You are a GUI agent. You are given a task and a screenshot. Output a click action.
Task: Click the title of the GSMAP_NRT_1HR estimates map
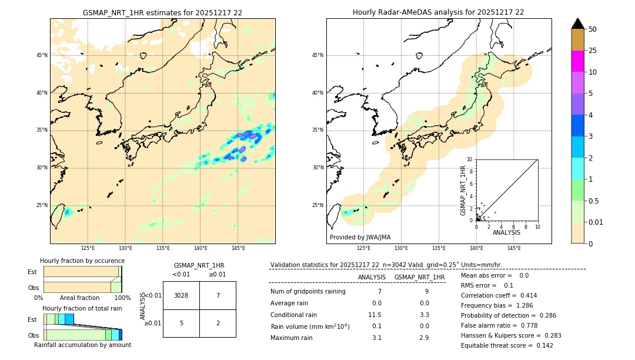[x=162, y=12]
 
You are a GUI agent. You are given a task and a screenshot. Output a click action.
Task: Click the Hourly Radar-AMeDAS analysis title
[x=438, y=12]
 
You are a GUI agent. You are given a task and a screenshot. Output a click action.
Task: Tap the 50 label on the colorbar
[x=593, y=29]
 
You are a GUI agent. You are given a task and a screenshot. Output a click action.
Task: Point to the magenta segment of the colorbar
[x=578, y=61]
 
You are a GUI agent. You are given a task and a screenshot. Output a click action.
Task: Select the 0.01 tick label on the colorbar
[x=596, y=222]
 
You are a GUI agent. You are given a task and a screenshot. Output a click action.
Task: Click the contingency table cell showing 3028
[x=181, y=295]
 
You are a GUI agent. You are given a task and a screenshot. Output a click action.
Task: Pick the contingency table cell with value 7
[x=218, y=295]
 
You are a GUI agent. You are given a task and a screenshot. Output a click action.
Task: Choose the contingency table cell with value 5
[x=181, y=323]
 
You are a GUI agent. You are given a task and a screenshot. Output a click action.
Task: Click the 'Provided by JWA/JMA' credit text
[x=360, y=238]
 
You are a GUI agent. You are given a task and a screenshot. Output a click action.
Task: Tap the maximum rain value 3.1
[x=377, y=338]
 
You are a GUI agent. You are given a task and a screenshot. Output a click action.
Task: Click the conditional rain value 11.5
[x=375, y=315]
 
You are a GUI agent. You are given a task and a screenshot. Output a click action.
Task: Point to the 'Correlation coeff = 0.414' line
[x=499, y=295]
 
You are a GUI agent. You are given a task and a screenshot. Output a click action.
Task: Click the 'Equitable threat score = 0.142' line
[x=507, y=345]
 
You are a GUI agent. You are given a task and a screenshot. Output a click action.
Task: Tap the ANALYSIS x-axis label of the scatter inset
[x=506, y=232]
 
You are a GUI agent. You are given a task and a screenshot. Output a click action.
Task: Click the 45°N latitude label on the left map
[x=42, y=55]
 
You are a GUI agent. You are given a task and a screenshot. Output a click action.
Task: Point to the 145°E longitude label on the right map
[x=514, y=248]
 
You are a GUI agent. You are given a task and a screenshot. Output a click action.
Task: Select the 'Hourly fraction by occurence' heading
[x=82, y=261]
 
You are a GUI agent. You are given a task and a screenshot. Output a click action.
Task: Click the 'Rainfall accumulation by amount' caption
[x=82, y=345]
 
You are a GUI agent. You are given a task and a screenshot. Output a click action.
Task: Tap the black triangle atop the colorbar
[x=578, y=24]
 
